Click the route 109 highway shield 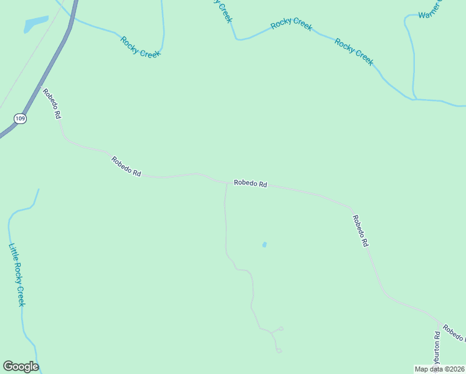(21, 118)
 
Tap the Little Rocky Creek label (17, 274)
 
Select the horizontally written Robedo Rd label (250, 184)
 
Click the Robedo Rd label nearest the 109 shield (52, 103)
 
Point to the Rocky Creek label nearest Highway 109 (141, 47)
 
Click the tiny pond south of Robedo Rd (264, 244)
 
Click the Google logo (21, 367)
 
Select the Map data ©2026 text (439, 369)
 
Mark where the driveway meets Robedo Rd (226, 184)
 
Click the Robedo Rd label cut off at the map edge (454, 332)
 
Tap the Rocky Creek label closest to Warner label (354, 52)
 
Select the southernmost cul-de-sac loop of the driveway (278, 350)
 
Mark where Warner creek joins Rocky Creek (414, 98)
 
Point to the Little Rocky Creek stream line (22, 318)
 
